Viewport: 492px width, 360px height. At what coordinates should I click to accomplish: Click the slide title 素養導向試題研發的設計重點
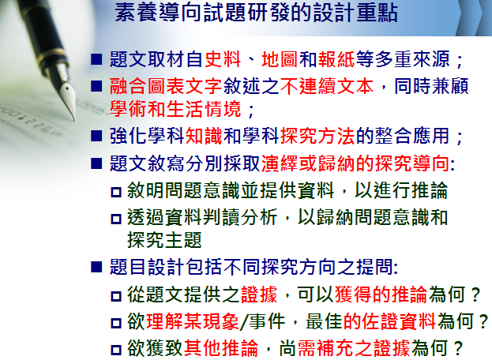coord(256,13)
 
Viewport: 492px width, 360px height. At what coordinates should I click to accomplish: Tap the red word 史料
coord(223,59)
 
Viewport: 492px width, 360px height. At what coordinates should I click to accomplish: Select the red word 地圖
coord(280,59)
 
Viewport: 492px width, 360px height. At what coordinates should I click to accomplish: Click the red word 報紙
coord(336,59)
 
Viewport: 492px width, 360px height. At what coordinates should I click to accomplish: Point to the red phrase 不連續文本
coord(327,86)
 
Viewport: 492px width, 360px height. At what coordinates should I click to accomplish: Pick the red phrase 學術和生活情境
coord(175,109)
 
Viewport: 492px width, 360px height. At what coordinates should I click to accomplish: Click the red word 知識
coord(204,136)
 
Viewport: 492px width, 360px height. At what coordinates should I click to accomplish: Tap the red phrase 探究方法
coord(317,136)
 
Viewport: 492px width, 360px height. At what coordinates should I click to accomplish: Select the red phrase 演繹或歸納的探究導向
coord(355,163)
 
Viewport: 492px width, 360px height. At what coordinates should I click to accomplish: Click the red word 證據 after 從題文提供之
coord(259,294)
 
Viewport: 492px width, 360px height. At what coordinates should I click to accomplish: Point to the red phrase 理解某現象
coord(193,322)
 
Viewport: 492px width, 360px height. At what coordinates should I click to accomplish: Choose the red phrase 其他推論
coord(221,348)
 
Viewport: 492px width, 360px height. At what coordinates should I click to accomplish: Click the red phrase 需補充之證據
coord(354,348)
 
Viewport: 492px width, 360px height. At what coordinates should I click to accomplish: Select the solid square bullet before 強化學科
coord(96,136)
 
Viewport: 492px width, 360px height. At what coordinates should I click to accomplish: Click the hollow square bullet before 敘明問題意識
coord(116,192)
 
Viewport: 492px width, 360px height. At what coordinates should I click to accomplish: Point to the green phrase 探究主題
coord(164,240)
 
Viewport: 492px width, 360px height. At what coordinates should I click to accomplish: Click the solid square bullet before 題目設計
coord(96,267)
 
